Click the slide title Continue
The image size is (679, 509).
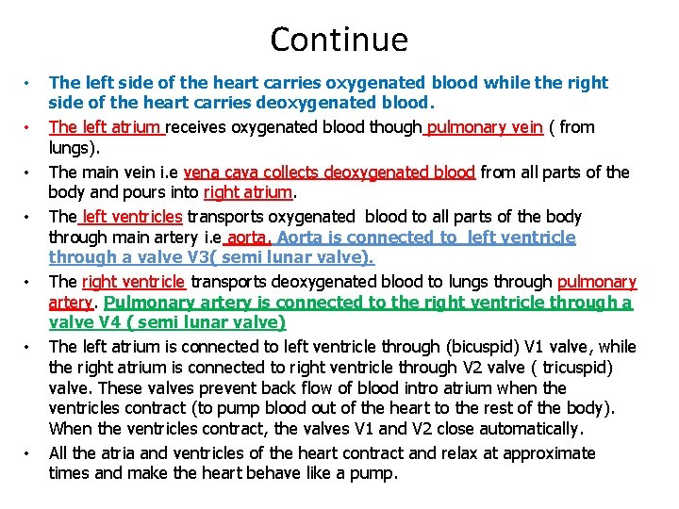click(339, 40)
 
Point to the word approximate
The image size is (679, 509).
click(549, 452)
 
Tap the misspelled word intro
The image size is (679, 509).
click(416, 387)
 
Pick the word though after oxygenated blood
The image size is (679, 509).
click(397, 127)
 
